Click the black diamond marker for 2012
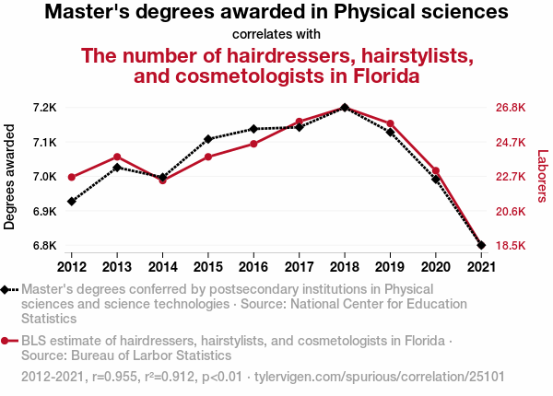click(x=72, y=201)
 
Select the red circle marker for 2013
click(x=117, y=157)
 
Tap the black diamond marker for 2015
click(x=208, y=139)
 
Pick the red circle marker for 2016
click(x=253, y=144)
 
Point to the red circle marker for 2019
click(x=390, y=123)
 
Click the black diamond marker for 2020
click(x=435, y=180)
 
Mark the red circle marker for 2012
click(x=72, y=177)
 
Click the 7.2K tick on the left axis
click(x=44, y=108)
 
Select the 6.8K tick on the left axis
click(x=44, y=246)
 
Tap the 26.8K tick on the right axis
click(x=510, y=108)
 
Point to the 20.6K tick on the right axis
click(x=510, y=212)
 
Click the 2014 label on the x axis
click(x=162, y=266)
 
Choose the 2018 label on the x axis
click(x=344, y=266)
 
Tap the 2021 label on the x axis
click(x=480, y=266)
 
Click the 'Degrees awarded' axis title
click(x=10, y=177)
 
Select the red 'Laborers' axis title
click(x=542, y=177)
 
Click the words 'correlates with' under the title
click(x=276, y=35)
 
